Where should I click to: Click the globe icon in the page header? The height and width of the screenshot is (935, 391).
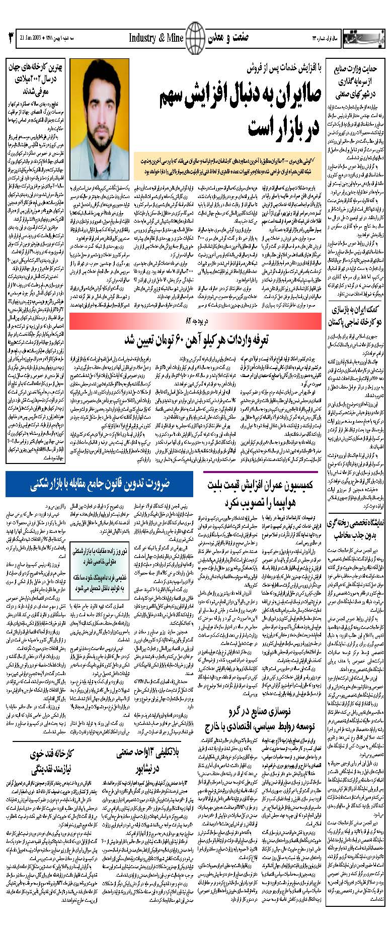196,37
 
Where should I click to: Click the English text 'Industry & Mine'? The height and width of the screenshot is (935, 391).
155,38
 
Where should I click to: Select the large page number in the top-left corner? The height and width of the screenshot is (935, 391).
10,38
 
